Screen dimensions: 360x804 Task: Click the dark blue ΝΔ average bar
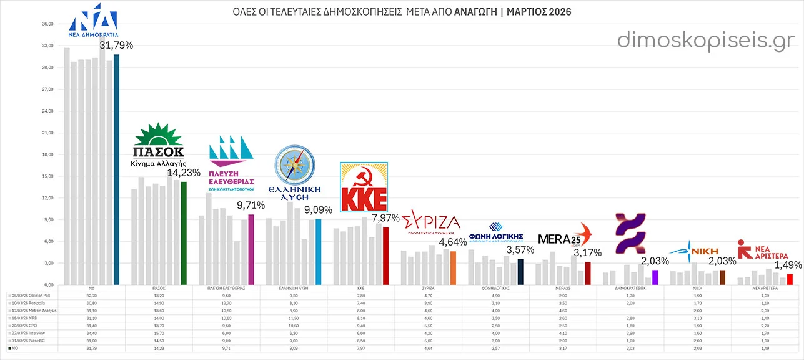116,169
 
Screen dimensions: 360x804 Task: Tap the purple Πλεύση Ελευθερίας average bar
251,249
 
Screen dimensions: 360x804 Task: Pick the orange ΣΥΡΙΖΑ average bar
453,267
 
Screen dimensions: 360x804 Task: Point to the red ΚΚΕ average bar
386,255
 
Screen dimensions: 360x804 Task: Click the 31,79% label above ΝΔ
116,45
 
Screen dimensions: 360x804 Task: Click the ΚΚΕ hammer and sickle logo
364,187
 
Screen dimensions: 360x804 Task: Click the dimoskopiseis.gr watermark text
706,40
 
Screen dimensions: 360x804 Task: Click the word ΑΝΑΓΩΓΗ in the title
476,12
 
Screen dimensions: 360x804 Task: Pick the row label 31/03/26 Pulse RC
29,341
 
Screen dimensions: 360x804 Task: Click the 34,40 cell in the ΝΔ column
92,333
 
